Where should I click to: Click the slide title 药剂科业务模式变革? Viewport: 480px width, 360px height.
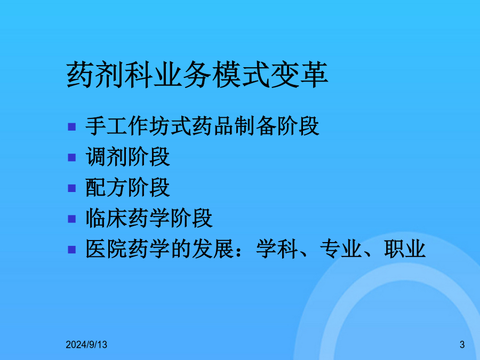click(x=197, y=74)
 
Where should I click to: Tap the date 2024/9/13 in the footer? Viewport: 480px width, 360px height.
click(x=86, y=345)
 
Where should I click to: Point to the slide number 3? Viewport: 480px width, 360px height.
click(x=462, y=345)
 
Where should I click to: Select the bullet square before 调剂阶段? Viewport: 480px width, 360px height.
click(x=71, y=157)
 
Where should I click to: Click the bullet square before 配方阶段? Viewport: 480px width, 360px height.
click(x=71, y=188)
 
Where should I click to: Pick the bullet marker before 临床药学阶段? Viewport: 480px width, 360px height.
click(x=71, y=219)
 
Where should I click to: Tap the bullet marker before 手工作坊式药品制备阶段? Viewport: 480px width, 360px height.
click(x=71, y=126)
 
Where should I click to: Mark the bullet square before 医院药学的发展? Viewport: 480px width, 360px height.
click(x=71, y=250)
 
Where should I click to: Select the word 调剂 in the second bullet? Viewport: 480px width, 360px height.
click(x=107, y=157)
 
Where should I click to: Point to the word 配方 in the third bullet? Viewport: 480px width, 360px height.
click(x=107, y=187)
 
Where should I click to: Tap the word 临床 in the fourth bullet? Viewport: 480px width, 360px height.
click(x=107, y=218)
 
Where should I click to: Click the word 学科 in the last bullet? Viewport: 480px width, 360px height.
click(x=277, y=249)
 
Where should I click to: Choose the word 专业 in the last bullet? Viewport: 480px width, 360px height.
click(x=341, y=249)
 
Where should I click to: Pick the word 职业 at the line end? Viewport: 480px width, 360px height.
click(x=405, y=249)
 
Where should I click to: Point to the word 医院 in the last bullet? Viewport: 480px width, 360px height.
click(x=107, y=249)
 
